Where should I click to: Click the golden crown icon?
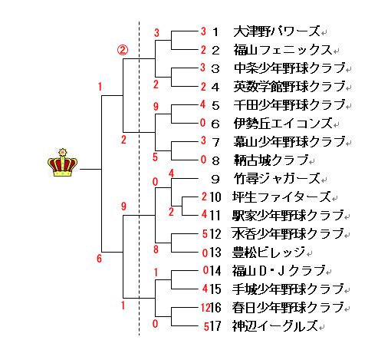pyautogui.click(x=62, y=163)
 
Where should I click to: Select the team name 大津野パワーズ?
pyautogui.click(x=277, y=31)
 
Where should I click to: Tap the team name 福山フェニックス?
pyautogui.click(x=283, y=50)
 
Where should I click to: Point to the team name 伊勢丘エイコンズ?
pyautogui.click(x=283, y=124)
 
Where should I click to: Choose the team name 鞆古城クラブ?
pyautogui.click(x=271, y=160)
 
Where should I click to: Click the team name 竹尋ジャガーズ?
pyautogui.click(x=277, y=179)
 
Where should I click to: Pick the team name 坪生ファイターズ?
pyautogui.click(x=281, y=197)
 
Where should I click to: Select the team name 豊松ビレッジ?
pyautogui.click(x=268, y=253)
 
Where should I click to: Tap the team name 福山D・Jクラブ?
pyautogui.click(x=278, y=271)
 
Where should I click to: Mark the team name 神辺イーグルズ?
pyautogui.click(x=275, y=326)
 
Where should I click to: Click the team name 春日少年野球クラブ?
pyautogui.click(x=288, y=308)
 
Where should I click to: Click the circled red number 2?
pyautogui.click(x=123, y=51)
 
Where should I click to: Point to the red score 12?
pyautogui.click(x=205, y=308)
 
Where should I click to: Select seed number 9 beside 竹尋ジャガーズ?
pyautogui.click(x=215, y=179)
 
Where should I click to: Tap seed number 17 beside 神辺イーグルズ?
pyautogui.click(x=215, y=326)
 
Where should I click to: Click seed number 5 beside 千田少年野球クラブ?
pyautogui.click(x=215, y=105)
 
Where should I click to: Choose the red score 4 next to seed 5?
pyautogui.click(x=203, y=104)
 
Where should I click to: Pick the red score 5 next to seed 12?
pyautogui.click(x=205, y=234)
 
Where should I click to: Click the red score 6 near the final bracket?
pyautogui.click(x=99, y=259)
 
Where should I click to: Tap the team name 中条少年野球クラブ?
pyautogui.click(x=290, y=68)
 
